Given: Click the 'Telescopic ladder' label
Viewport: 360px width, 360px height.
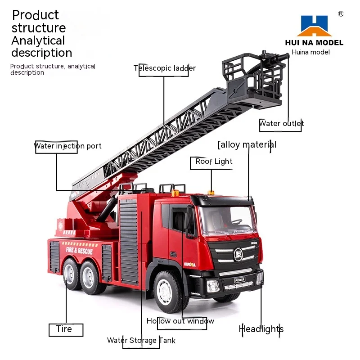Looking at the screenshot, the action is point(165,68).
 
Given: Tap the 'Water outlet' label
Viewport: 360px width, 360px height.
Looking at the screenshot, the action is point(281,123).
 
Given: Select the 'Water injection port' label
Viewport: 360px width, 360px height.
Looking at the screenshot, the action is point(67,146).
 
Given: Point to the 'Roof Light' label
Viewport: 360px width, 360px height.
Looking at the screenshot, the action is point(214,162).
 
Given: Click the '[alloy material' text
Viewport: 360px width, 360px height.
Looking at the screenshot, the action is point(247,144).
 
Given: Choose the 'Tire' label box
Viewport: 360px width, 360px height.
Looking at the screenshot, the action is point(64,329).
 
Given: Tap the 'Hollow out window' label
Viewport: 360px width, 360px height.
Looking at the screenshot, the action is point(180,321).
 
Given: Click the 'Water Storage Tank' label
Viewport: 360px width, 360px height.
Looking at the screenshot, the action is point(141,340).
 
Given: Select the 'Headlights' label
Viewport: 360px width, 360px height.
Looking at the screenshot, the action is point(261,329).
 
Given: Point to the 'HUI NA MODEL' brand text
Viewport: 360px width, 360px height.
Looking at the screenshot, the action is point(314,43).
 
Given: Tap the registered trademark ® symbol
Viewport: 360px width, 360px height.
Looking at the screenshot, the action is point(341,14).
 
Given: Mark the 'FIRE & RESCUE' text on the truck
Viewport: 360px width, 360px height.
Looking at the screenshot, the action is point(79,250).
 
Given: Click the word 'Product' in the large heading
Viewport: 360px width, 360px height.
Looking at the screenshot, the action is point(35,15).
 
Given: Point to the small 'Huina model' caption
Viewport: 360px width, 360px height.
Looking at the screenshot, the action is point(310,52).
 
